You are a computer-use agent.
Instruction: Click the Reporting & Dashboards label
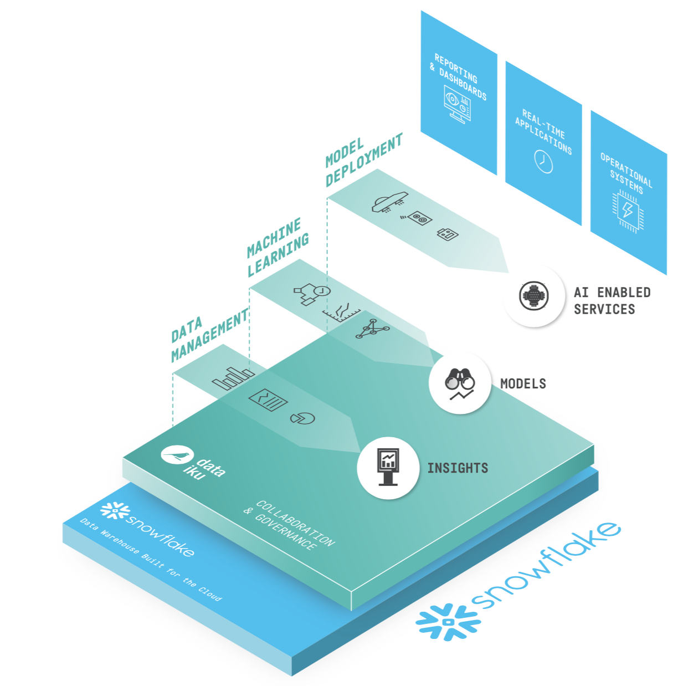(460, 78)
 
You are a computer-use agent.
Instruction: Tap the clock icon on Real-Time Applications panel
(543, 161)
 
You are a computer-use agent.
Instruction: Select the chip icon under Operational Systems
(628, 210)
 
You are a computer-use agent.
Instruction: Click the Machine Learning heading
(277, 247)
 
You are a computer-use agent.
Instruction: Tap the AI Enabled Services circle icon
(533, 296)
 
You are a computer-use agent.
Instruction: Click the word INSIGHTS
(458, 468)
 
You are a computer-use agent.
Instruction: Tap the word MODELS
(523, 383)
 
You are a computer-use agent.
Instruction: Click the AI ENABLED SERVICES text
(612, 300)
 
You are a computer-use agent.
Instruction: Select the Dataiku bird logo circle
(177, 455)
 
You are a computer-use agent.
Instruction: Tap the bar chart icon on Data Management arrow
(233, 379)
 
